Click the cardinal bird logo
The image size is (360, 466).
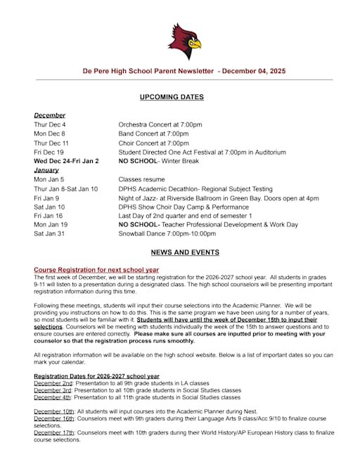click(x=184, y=41)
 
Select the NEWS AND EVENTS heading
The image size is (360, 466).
click(x=184, y=252)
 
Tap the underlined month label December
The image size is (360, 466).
click(x=49, y=115)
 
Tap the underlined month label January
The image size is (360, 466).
click(x=46, y=170)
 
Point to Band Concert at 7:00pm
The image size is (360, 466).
click(x=153, y=134)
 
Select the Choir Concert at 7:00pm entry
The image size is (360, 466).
click(x=153, y=143)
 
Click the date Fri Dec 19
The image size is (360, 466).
click(x=49, y=152)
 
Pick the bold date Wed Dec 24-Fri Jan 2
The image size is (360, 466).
click(x=66, y=161)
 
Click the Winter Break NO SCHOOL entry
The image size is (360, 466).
click(x=158, y=161)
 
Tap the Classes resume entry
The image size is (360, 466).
click(x=141, y=179)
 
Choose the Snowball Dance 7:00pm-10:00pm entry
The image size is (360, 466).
click(x=167, y=234)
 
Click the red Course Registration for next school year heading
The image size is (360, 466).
click(x=96, y=270)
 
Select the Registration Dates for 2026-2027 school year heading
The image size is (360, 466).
click(x=96, y=376)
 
